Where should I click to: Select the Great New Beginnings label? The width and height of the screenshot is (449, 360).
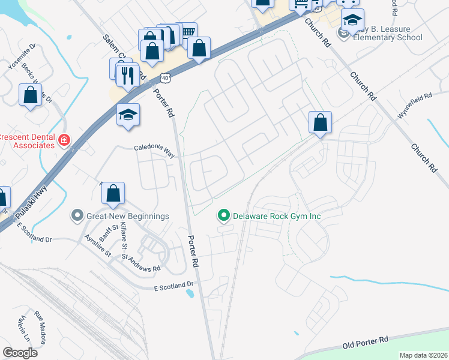127,216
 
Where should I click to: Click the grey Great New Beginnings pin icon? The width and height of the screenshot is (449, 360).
77,215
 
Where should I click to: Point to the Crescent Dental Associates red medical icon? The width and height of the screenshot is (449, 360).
64,140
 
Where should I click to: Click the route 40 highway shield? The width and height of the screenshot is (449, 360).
165,78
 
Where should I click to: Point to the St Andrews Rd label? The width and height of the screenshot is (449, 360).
141,264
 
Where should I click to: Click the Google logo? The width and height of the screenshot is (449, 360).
20,352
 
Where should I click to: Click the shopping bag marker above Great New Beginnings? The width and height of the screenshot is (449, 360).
112,193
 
